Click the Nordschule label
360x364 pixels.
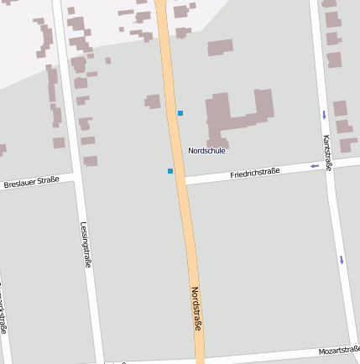tap(206, 151)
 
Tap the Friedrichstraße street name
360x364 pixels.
tap(254, 173)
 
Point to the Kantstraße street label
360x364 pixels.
tap(327, 153)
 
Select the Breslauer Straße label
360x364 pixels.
tap(31, 181)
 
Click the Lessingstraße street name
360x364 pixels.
tap(86, 245)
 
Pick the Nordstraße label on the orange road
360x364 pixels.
tap(197, 309)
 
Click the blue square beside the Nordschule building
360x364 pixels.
tap(180, 113)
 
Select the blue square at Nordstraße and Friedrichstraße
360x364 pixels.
tap(170, 171)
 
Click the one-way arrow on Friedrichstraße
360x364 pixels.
tap(315, 166)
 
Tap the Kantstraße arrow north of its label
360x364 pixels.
tap(324, 114)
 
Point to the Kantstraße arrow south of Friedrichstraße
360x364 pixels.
tap(342, 259)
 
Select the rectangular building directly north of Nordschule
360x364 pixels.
tap(220, 48)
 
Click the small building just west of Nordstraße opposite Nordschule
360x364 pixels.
tap(153, 101)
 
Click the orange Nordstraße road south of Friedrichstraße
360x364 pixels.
tap(191, 252)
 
